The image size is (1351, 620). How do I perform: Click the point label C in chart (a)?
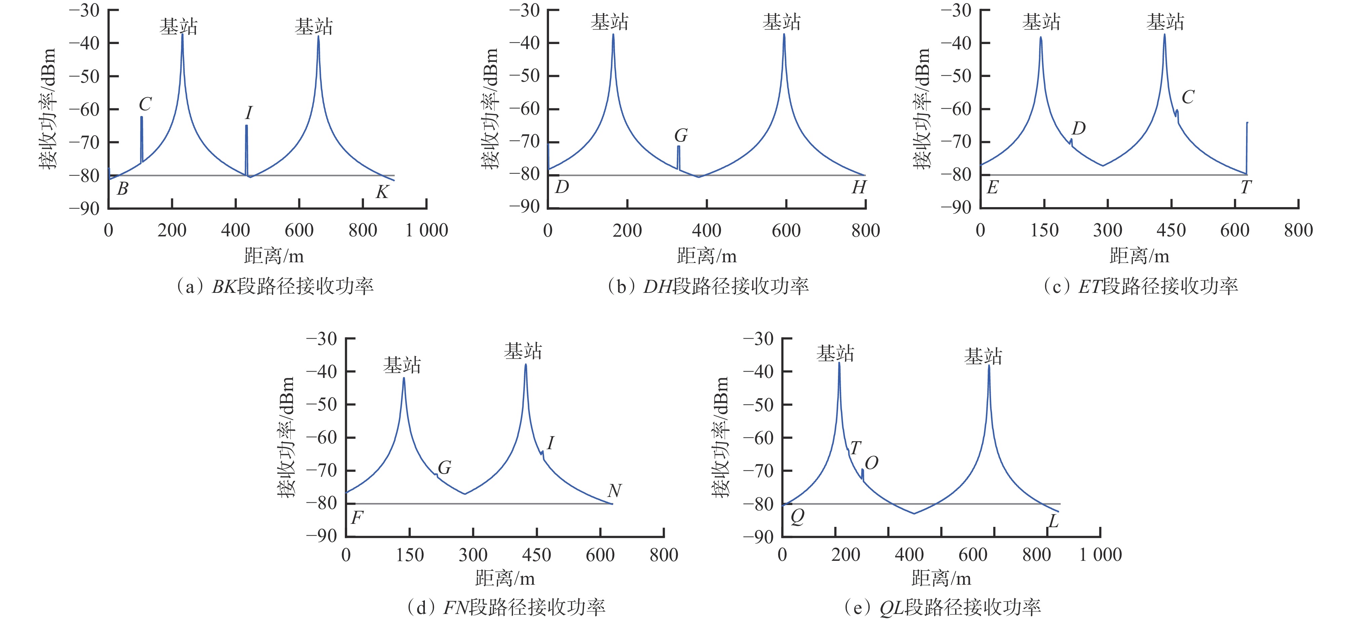[145, 104]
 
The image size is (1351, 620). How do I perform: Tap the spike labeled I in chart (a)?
[247, 149]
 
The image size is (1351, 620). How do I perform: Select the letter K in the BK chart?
[382, 192]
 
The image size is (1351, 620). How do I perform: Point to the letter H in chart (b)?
[859, 187]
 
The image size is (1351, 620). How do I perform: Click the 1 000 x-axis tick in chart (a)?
[426, 230]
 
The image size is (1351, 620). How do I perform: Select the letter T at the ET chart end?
[1246, 187]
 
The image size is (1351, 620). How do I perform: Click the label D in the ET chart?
[1078, 128]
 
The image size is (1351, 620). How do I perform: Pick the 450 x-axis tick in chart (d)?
[537, 554]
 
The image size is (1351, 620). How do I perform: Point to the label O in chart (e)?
[871, 463]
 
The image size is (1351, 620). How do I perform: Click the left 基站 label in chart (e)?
[835, 353]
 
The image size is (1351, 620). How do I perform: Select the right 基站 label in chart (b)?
[781, 22]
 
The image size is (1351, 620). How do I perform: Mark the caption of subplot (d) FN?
[506, 608]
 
